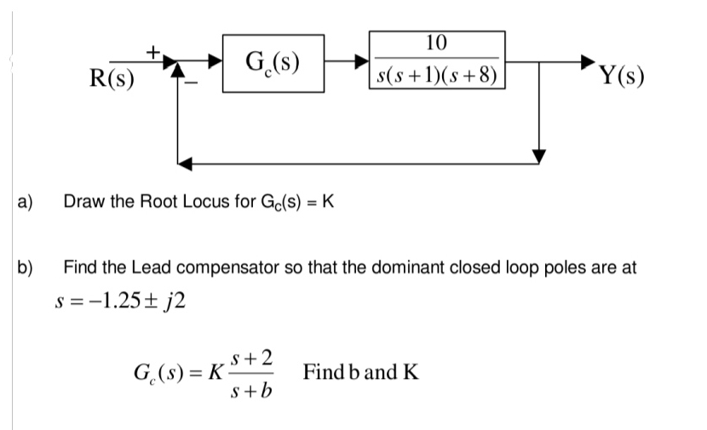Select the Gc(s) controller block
click(272, 61)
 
